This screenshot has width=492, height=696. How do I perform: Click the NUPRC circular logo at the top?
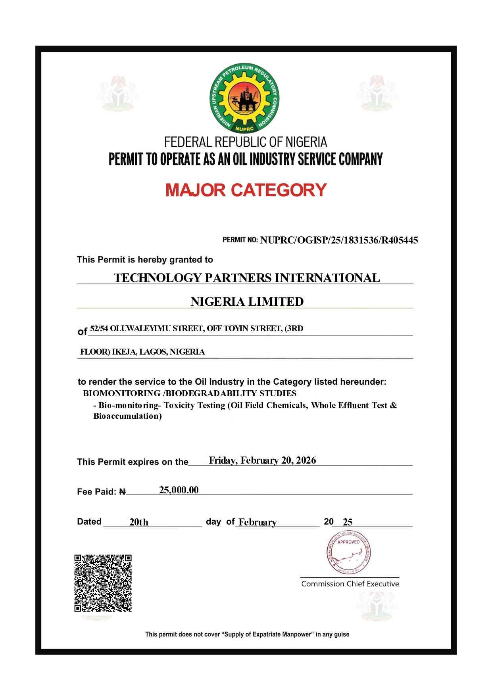244,98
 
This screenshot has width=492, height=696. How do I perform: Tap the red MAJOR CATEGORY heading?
246,190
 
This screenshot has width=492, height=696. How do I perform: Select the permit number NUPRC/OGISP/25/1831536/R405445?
339,240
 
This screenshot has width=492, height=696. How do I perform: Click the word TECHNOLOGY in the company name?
158,278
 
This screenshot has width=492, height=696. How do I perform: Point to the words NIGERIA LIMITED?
247,301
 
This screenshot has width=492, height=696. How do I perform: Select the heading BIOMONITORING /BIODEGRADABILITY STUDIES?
190,393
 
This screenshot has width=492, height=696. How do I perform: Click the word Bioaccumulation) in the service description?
127,416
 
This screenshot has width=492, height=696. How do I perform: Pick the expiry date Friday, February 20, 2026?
262,460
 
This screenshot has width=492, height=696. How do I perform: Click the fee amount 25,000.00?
179,490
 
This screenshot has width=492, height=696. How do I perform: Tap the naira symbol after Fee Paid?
123,492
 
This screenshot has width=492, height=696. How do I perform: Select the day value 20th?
139,522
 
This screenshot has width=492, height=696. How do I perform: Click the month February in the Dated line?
258,522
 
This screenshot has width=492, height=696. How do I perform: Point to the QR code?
103,583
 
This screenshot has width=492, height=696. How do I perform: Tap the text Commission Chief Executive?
350,584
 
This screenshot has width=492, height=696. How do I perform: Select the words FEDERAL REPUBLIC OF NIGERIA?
246,142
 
